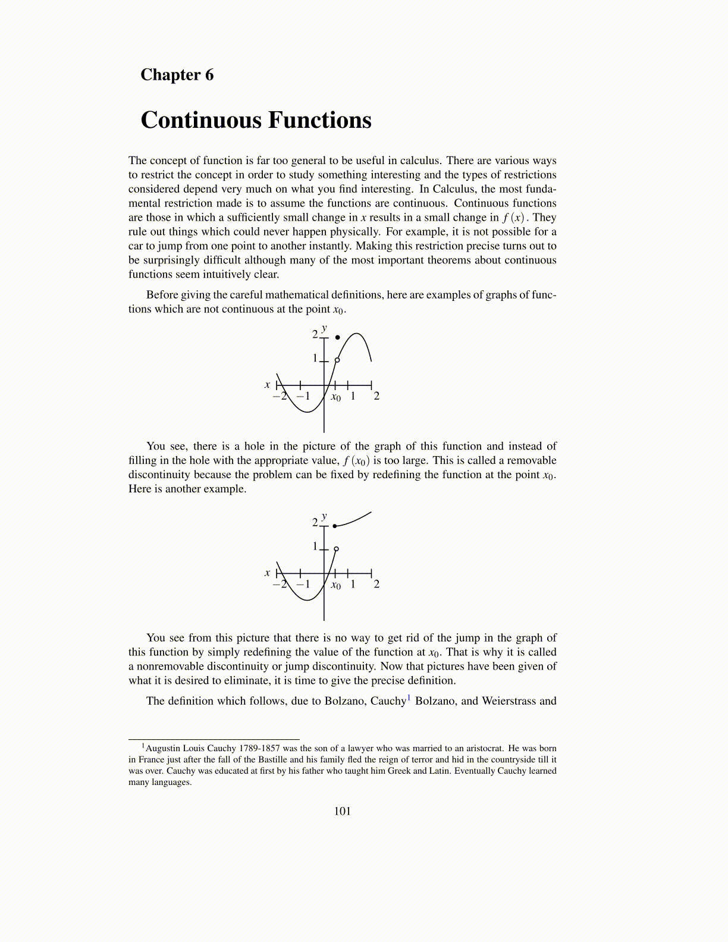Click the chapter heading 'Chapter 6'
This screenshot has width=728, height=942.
coord(177,75)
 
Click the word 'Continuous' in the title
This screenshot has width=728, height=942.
coord(202,120)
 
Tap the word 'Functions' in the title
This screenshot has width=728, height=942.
coord(319,120)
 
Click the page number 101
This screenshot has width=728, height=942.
coord(343,811)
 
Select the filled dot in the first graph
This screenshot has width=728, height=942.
coord(338,338)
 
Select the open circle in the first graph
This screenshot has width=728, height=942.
coord(337,360)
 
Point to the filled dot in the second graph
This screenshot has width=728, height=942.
coord(335,526)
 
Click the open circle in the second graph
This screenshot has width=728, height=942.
coord(336,549)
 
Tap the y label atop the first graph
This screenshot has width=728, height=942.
coord(324,328)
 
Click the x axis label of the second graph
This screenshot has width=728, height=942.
coord(267,573)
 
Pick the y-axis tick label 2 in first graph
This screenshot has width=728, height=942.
coord(315,334)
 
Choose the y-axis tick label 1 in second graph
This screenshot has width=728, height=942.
coord(315,546)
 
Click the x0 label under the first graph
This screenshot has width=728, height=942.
coord(336,397)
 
